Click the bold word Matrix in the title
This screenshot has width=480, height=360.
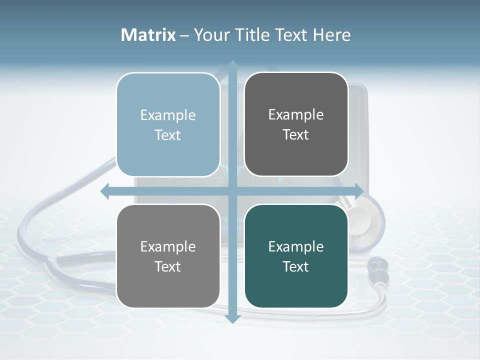(148, 35)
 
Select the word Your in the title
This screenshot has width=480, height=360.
(210, 35)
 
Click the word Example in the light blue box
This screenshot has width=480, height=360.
(168, 115)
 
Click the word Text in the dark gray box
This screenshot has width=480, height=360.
(296, 135)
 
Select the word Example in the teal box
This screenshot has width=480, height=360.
(296, 246)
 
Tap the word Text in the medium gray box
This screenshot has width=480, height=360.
(168, 266)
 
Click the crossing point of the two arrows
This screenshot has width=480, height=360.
(232, 191)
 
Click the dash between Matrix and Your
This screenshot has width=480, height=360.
(184, 35)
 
